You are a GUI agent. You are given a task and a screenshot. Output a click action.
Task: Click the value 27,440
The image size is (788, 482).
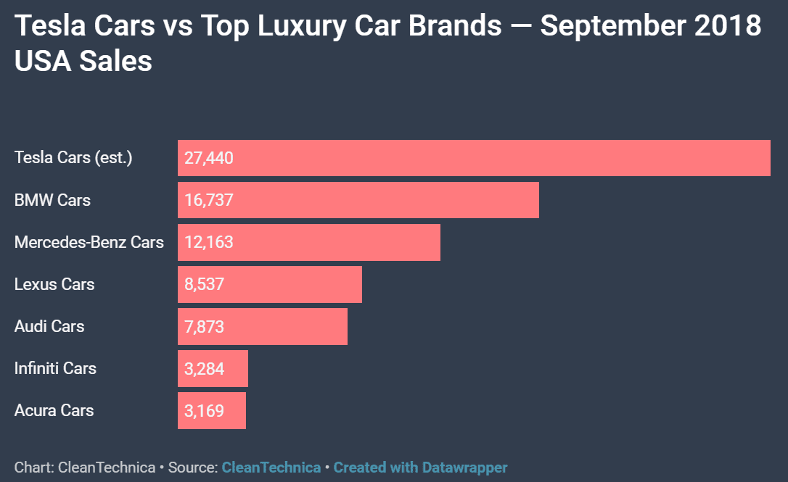pos(209,158)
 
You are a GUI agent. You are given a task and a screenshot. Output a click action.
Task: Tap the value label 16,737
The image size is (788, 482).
pos(209,200)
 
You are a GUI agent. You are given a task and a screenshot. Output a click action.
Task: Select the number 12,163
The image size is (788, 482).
pos(209,242)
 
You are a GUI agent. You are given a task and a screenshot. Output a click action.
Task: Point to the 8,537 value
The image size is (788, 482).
pos(205,284)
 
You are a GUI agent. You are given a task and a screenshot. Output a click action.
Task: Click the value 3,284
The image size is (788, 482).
pos(205,368)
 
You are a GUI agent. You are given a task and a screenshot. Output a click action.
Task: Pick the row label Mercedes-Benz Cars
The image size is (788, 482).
pos(89,242)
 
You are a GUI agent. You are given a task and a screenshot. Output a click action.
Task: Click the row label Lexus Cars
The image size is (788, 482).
pos(54,284)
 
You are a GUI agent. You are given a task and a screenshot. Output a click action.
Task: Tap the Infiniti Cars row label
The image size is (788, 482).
pos(55,368)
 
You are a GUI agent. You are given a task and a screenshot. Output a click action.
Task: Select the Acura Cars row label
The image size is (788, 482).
pos(54,410)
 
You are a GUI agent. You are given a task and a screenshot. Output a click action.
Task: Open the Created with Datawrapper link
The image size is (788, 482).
pos(420,468)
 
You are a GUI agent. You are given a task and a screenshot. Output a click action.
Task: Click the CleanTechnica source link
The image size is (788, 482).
pos(271,468)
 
